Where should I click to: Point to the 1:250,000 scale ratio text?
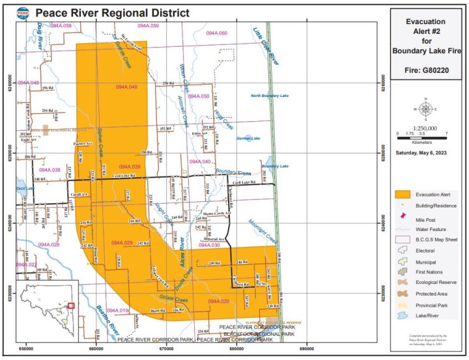click(425, 128)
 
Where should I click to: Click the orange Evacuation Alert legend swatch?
click(404, 194)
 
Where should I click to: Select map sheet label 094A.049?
click(127, 87)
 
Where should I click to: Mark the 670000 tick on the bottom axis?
click(167, 350)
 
